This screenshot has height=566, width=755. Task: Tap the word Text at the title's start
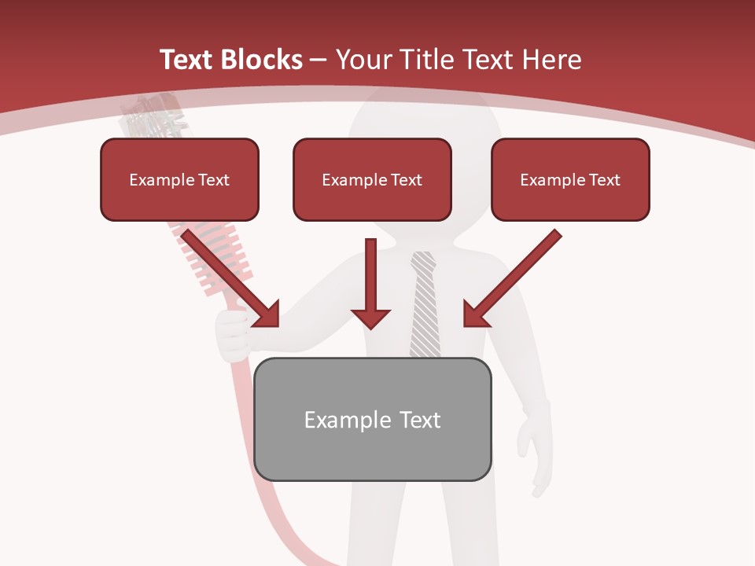(x=189, y=60)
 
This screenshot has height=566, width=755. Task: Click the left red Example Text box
(x=179, y=180)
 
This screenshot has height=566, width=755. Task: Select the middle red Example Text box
(x=372, y=180)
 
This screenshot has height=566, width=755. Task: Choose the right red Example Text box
(x=570, y=180)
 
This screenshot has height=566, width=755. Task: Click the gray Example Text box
(x=372, y=420)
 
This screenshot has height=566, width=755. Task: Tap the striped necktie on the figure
(x=425, y=307)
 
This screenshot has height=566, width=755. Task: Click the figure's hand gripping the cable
(x=232, y=334)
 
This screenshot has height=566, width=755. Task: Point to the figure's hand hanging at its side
(x=535, y=448)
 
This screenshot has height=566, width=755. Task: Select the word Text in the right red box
(x=604, y=180)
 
